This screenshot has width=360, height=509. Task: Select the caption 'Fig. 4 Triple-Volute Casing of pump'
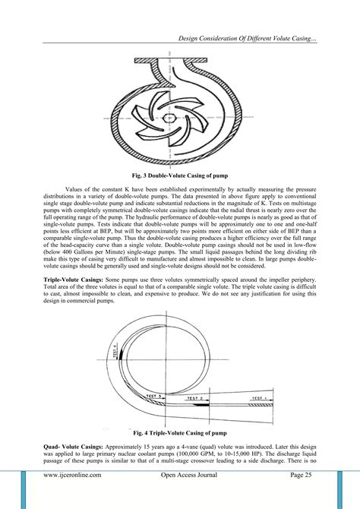point(180,432)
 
